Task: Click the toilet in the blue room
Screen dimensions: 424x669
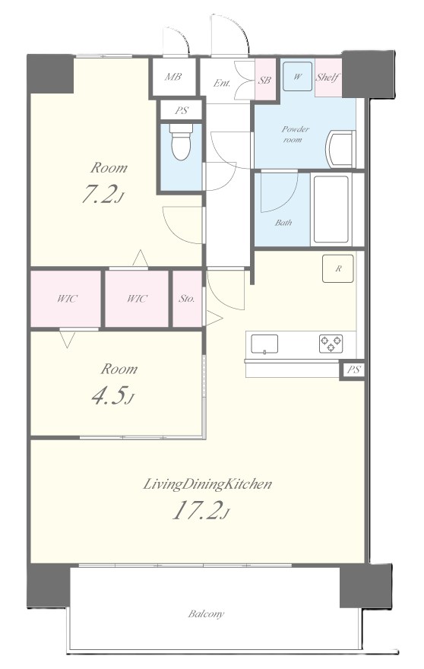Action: point(181,141)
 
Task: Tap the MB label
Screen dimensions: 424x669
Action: point(173,77)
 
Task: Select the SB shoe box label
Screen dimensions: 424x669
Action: point(264,80)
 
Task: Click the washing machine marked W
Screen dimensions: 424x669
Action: point(297,76)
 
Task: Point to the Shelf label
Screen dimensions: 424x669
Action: point(328,78)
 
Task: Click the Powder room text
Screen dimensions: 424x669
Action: point(295,134)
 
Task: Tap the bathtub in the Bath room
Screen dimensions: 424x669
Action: point(331,209)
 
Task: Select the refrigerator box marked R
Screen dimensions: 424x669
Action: point(338,268)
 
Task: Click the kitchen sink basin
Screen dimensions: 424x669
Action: point(264,344)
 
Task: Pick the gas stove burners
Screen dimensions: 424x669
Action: point(331,344)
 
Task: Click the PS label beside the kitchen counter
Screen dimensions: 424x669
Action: point(353,370)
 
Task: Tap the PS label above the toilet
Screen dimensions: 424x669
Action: point(182,111)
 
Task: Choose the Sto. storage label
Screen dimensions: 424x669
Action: point(187,299)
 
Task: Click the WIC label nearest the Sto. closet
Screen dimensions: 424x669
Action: point(138,299)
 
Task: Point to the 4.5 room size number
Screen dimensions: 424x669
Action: point(112,395)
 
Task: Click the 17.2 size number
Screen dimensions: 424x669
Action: point(201,510)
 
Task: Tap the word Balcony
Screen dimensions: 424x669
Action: point(206,614)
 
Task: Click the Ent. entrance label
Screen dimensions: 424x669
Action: point(222,83)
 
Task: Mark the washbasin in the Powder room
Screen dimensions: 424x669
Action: point(340,149)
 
